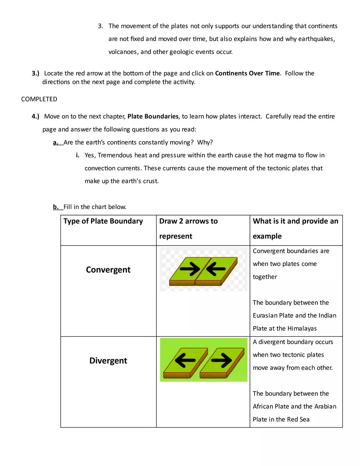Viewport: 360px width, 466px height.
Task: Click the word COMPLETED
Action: [x=39, y=99]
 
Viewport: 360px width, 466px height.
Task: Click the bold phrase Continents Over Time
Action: [x=247, y=74]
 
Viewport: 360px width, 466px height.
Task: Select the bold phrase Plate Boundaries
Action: [x=153, y=117]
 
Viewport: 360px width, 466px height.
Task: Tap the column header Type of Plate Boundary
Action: [x=103, y=221]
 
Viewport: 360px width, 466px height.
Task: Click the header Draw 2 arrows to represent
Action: [x=188, y=229]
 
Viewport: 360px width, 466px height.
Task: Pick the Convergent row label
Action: [x=108, y=270]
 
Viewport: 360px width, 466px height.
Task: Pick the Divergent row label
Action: [x=108, y=361]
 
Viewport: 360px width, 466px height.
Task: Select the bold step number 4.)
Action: [x=36, y=117]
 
